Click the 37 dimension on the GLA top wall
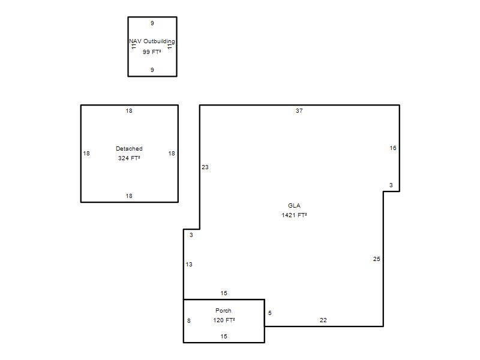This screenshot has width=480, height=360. click(x=299, y=111)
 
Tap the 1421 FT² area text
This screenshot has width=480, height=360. click(x=294, y=215)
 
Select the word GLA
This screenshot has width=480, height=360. click(x=294, y=206)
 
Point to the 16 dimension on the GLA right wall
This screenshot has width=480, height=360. click(x=393, y=148)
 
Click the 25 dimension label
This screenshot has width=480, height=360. click(x=377, y=259)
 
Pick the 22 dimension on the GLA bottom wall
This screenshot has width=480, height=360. click(x=323, y=320)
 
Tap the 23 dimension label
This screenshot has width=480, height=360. click(x=205, y=167)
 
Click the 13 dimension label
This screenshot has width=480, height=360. click(x=189, y=265)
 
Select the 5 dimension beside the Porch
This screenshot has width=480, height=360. click(x=269, y=313)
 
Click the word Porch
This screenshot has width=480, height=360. click(x=223, y=310)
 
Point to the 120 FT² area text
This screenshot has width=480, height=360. click(x=224, y=320)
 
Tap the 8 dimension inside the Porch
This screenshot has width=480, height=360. click(x=189, y=321)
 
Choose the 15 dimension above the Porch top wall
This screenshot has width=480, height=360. click(x=224, y=293)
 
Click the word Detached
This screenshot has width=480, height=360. click(x=129, y=148)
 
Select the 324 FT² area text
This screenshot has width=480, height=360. click(x=129, y=158)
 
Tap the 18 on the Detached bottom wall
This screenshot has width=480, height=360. click(x=129, y=196)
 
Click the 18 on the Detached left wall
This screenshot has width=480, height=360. click(x=86, y=154)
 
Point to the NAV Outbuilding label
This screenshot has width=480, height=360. click(x=152, y=41)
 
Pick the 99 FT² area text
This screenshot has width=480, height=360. click(x=152, y=52)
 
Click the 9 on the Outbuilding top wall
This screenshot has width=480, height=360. click(x=152, y=23)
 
